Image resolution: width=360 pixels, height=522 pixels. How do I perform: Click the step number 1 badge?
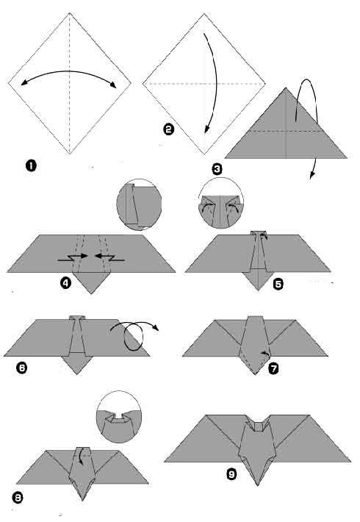[x=31, y=165]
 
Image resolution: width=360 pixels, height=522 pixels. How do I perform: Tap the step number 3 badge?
[x=217, y=169]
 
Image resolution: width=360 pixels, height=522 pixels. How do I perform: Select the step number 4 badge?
[x=67, y=282]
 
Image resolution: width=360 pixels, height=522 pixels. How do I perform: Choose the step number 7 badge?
[x=273, y=368]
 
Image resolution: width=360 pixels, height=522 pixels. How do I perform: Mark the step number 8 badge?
[x=18, y=498]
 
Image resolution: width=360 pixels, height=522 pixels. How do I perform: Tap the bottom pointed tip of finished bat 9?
[x=257, y=485]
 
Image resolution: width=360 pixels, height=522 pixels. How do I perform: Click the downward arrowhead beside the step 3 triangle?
[x=313, y=174]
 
